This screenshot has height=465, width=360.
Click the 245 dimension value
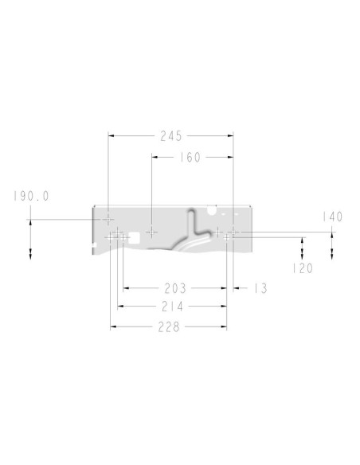170,136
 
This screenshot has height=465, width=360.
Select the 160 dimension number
190,157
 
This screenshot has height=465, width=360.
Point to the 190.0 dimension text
31,196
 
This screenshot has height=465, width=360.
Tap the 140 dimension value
333,217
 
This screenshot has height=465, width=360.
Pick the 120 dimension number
303,268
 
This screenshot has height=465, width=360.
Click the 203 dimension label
175,288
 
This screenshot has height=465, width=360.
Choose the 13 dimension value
260,288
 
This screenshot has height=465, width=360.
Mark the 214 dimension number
173,307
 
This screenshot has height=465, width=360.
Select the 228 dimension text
169,327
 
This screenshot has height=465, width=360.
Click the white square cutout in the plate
134,238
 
